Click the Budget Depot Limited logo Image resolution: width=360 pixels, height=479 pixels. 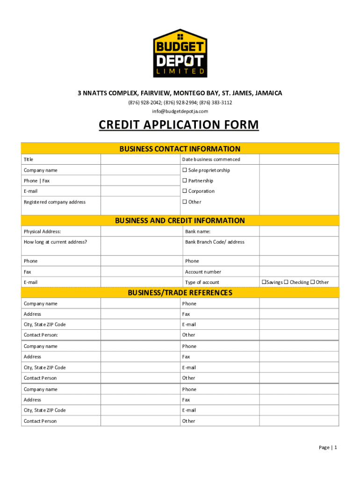pyautogui.click(x=180, y=53)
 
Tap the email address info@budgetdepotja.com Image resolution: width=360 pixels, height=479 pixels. pyautogui.click(x=180, y=111)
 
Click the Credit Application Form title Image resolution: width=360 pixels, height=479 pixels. pyautogui.click(x=179, y=125)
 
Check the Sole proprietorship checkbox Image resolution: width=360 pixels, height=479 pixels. pyautogui.click(x=185, y=170)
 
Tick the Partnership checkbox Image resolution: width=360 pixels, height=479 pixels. pyautogui.click(x=185, y=181)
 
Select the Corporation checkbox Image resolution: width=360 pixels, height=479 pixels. pyautogui.click(x=185, y=191)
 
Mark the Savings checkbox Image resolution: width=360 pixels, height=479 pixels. pyautogui.click(x=264, y=282)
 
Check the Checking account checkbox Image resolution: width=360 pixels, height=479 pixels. pyautogui.click(x=287, y=282)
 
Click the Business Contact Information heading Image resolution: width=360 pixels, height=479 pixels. pyautogui.click(x=180, y=149)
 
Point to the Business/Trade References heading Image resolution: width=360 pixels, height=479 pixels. pyautogui.click(x=180, y=293)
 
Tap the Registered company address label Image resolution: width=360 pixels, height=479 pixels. pyautogui.click(x=55, y=202)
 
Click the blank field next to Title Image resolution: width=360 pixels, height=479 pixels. pyautogui.click(x=140, y=160)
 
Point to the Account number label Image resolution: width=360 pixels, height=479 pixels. pyautogui.click(x=203, y=272)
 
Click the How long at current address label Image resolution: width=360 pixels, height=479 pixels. pyautogui.click(x=55, y=242)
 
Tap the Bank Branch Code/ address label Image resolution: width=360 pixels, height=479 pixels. pyautogui.click(x=215, y=242)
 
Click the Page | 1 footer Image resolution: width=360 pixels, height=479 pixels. pyautogui.click(x=328, y=448)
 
